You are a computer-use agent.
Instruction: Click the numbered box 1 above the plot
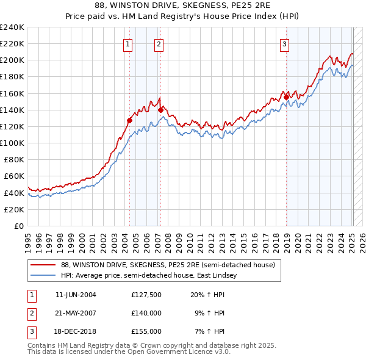128,43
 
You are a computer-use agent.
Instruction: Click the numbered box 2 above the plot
159,43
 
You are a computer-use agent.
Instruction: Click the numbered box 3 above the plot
285,43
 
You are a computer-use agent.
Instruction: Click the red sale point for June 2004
129,120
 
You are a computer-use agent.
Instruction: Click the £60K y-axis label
15,176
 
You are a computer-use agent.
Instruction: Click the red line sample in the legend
43,265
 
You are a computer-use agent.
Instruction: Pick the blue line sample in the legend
43,275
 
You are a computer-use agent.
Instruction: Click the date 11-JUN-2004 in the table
76,295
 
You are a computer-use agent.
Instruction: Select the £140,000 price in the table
146,313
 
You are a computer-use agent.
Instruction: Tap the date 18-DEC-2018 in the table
76,331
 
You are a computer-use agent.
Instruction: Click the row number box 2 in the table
30,313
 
